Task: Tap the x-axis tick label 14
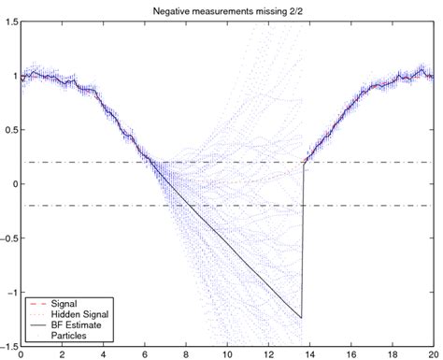[307, 355]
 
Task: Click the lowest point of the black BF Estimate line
[302, 318]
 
